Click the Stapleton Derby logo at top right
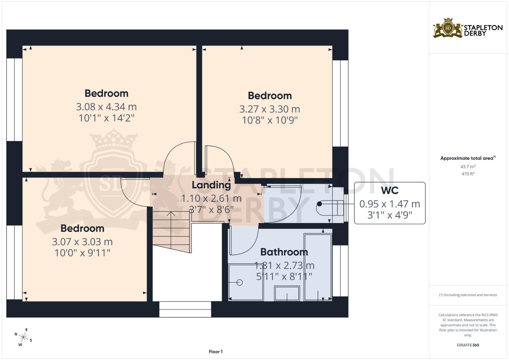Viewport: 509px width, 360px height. coord(467,28)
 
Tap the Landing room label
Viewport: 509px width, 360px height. coord(211,185)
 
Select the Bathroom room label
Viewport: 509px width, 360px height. coord(284,252)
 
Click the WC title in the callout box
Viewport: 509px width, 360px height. coord(389,190)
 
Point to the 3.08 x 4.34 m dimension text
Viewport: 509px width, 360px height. coord(106,107)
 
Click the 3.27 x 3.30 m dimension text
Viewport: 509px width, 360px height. coord(270,109)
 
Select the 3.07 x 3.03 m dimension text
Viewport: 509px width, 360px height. coord(82,242)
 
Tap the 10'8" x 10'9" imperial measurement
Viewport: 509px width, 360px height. coord(270,120)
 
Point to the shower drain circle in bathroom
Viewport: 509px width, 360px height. coord(239,282)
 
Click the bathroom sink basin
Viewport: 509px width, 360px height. coord(287,293)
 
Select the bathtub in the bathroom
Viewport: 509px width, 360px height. coord(318,267)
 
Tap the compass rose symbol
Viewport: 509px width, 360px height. coord(23,337)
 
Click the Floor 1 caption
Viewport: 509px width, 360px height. coord(216,352)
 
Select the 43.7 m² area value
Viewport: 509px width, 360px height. coord(468,166)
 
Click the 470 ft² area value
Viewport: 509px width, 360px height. coord(467,174)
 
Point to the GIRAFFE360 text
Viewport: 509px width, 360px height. coord(468,345)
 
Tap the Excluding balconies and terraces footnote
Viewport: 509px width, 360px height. coord(468,295)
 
